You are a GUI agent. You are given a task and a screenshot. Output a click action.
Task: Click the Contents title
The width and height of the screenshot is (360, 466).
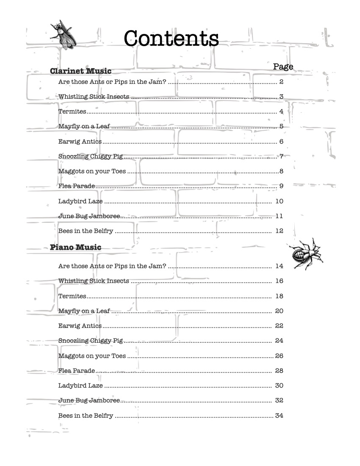click(171, 39)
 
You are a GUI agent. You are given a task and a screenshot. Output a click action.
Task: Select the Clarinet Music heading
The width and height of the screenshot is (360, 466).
click(80, 71)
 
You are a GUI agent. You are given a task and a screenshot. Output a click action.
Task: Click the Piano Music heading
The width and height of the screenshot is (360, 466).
click(75, 247)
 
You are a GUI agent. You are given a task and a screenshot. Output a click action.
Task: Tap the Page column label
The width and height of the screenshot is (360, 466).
click(283, 67)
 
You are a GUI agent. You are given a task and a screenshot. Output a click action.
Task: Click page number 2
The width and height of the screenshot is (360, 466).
click(281, 82)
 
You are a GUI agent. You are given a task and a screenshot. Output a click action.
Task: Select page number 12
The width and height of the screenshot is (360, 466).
click(279, 231)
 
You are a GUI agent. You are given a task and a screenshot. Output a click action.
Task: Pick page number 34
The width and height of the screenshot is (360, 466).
click(279, 416)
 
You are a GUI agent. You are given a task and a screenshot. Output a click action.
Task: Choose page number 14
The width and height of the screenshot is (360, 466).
click(279, 266)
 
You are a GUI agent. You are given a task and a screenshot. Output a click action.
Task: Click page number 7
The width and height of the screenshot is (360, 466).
click(281, 156)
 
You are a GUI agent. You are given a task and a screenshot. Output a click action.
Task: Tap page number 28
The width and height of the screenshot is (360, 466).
click(279, 371)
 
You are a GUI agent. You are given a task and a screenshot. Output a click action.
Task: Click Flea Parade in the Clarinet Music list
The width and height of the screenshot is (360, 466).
click(77, 186)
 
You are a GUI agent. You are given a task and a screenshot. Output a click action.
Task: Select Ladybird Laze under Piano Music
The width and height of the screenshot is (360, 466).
click(80, 386)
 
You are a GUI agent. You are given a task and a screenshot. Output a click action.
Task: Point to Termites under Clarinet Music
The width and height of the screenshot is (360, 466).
click(72, 111)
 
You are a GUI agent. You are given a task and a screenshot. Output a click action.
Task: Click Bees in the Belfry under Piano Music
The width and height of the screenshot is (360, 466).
click(86, 416)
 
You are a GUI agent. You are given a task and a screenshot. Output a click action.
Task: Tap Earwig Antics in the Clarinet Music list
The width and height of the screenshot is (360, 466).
click(80, 141)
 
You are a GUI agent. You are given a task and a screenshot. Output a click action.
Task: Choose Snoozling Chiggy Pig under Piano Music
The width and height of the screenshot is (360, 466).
click(91, 341)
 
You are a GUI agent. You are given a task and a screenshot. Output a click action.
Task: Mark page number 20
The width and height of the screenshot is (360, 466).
click(279, 311)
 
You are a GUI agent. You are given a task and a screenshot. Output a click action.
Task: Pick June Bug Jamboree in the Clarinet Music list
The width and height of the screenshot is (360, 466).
click(89, 216)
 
